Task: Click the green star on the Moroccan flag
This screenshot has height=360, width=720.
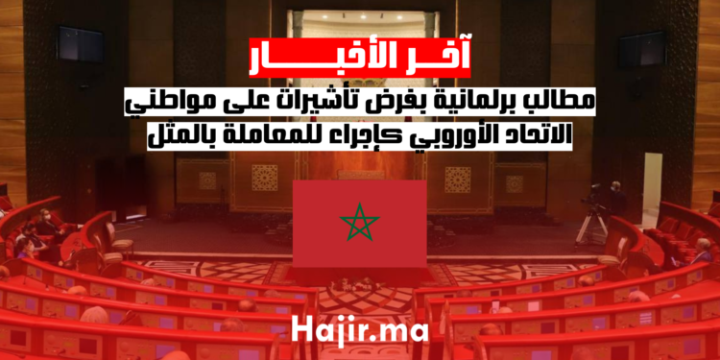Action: (360, 226)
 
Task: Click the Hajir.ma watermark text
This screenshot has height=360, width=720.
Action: (360, 333)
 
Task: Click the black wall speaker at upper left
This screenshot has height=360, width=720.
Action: (80, 44)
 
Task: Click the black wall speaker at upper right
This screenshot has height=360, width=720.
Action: (640, 48)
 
